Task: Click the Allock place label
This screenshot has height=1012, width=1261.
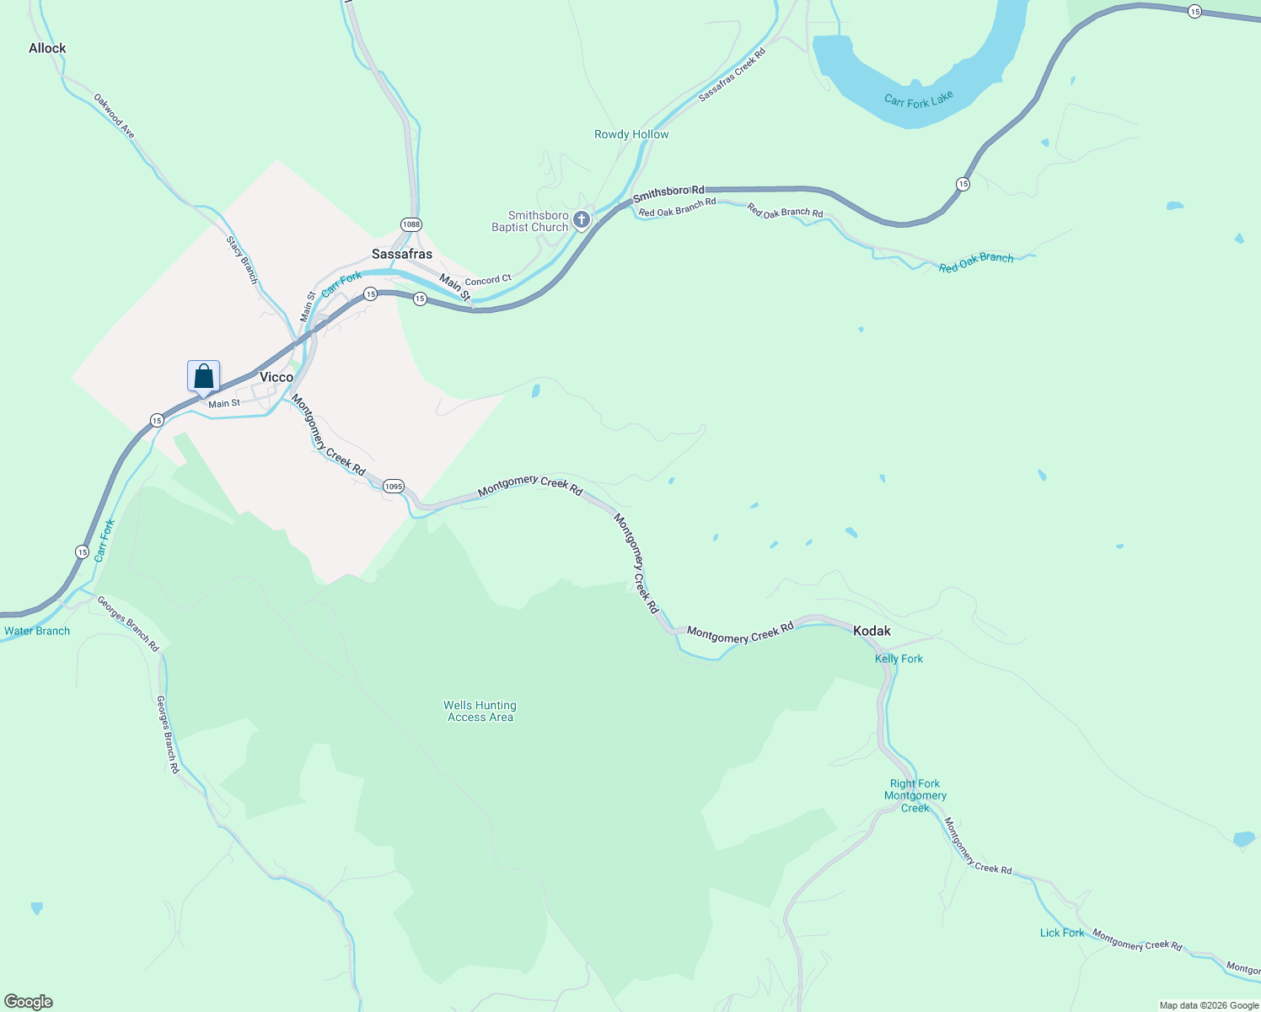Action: [x=47, y=48]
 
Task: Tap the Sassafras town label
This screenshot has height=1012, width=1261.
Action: [x=402, y=254]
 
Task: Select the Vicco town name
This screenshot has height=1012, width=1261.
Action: [x=276, y=377]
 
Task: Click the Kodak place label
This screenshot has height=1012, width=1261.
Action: [x=872, y=631]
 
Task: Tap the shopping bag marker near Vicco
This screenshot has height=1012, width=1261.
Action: [x=203, y=376]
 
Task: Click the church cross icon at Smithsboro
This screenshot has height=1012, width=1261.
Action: [x=581, y=220]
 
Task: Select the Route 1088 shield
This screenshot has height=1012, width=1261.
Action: [x=410, y=224]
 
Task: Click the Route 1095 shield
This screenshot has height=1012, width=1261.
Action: [x=393, y=487]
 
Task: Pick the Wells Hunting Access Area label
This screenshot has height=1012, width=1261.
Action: [x=480, y=711]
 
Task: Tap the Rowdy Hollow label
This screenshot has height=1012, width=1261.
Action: [x=631, y=134]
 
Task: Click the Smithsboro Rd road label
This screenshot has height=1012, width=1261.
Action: [x=668, y=195]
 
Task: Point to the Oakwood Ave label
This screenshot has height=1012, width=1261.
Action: [x=114, y=116]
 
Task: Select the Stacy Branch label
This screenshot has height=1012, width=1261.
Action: [x=242, y=260]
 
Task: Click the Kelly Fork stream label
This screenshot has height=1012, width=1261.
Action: [x=899, y=659]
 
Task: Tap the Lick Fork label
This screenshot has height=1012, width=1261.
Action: [x=1062, y=933]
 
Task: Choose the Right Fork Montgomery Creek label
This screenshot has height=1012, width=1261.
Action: [x=915, y=795]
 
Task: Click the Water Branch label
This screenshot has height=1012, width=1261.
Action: [x=37, y=631]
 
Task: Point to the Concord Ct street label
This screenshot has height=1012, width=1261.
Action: [x=488, y=280]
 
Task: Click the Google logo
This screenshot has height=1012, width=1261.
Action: [x=29, y=1002]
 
